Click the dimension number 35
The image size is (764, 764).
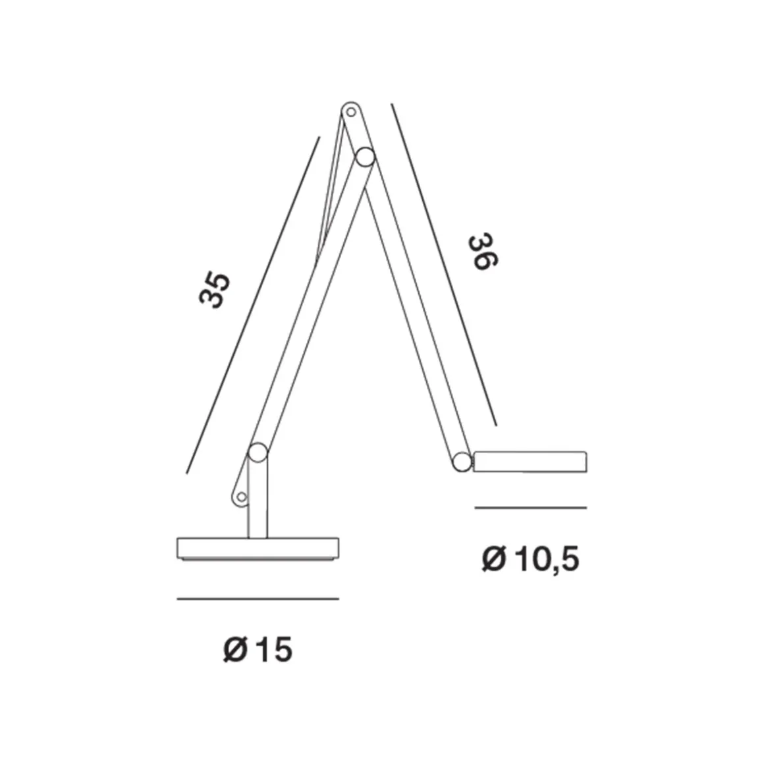(x=215, y=290)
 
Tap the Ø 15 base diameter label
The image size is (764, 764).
(x=258, y=651)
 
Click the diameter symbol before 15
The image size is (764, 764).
(x=234, y=651)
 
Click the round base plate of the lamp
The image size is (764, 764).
(x=258, y=549)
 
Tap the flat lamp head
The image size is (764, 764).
(x=530, y=462)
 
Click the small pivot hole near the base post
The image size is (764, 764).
(x=241, y=496)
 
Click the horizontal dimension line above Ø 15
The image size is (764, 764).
(x=258, y=599)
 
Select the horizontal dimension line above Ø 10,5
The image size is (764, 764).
(x=530, y=508)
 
